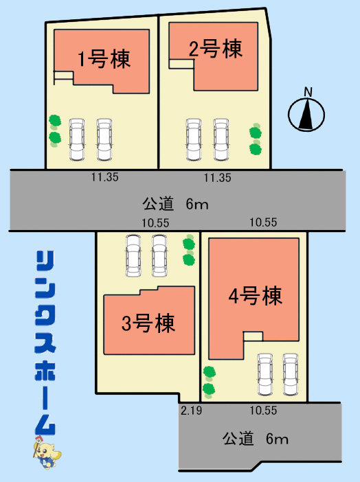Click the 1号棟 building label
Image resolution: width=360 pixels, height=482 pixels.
click(x=104, y=59)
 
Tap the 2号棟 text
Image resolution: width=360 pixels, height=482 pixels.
click(x=216, y=49)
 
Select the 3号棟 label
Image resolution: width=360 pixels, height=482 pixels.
click(x=148, y=323)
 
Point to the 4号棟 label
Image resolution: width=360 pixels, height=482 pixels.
click(x=256, y=296)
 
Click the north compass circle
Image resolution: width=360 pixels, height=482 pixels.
click(x=306, y=115)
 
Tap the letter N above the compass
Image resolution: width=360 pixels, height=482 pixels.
click(x=308, y=92)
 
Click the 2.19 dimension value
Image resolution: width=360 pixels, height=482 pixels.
click(x=191, y=411)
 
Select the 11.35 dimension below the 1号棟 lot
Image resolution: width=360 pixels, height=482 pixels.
click(x=104, y=177)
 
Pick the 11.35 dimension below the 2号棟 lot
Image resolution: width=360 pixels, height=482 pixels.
click(x=218, y=178)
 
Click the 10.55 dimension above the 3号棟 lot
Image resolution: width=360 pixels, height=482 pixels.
click(x=155, y=223)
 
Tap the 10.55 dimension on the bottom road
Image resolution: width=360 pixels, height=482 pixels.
click(x=263, y=411)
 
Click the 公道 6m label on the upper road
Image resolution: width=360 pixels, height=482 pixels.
click(x=175, y=204)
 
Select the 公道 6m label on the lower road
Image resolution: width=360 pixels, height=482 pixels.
click(x=256, y=439)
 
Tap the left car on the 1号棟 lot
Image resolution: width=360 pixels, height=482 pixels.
click(x=77, y=139)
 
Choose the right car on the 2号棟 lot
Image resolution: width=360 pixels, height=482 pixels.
click(x=221, y=139)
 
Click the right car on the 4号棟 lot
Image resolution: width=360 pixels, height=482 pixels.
click(x=291, y=374)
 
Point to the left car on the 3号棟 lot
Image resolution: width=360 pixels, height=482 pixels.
click(x=133, y=255)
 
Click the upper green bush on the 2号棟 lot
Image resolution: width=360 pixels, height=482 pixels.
click(x=256, y=133)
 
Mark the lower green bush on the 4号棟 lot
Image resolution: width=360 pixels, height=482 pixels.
click(x=209, y=389)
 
